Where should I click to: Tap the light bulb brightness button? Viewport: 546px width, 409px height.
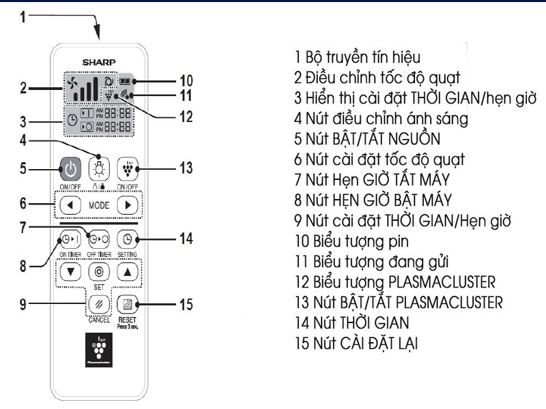pyautogui.click(x=100, y=166)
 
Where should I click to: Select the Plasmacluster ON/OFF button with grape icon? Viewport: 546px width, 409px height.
pyautogui.click(x=128, y=166)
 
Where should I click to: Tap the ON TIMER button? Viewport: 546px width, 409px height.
pyautogui.click(x=67, y=240)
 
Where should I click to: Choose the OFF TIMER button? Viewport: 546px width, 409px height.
pyautogui.click(x=97, y=240)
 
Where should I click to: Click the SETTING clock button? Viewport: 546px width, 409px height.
pyautogui.click(x=128, y=239)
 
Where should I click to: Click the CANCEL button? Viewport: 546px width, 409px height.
pyautogui.click(x=97, y=301)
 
